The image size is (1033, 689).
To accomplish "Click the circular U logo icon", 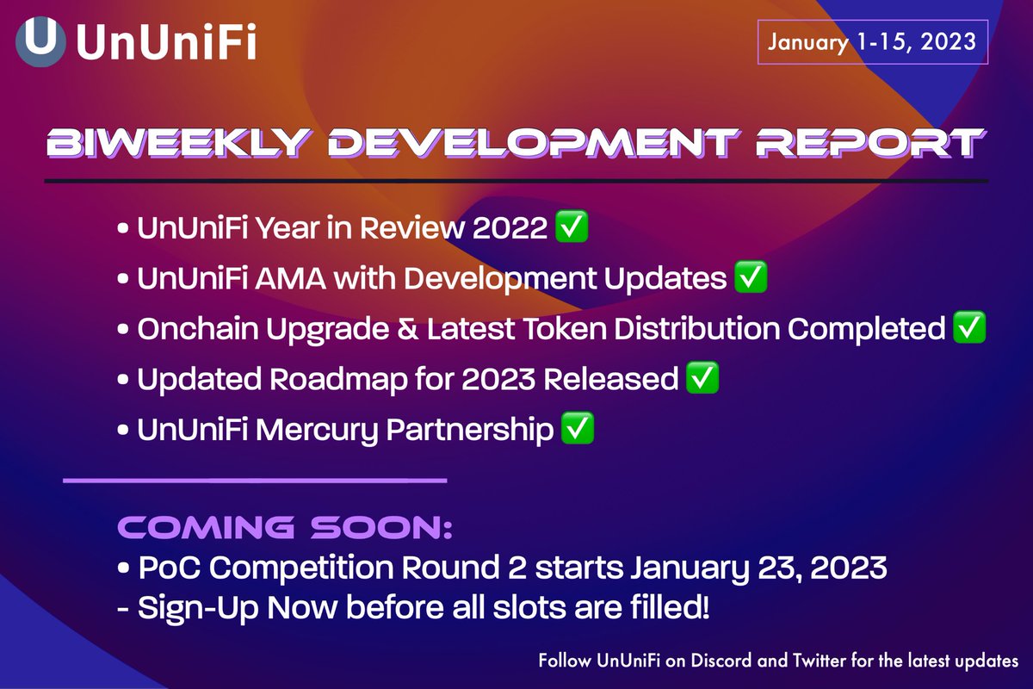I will [x=40, y=40].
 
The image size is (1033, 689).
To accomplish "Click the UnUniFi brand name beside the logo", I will [x=166, y=42].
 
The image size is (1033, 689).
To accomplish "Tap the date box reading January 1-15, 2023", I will [x=871, y=41].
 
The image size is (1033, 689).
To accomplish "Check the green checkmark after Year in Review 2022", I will [x=572, y=229].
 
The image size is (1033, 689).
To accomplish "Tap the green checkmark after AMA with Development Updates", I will [x=750, y=279].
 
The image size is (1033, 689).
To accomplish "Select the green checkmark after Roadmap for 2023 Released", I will [x=702, y=379].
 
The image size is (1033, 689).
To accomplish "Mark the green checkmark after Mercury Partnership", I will [x=578, y=430].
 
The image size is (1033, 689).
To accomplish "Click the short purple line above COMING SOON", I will [x=255, y=480].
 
